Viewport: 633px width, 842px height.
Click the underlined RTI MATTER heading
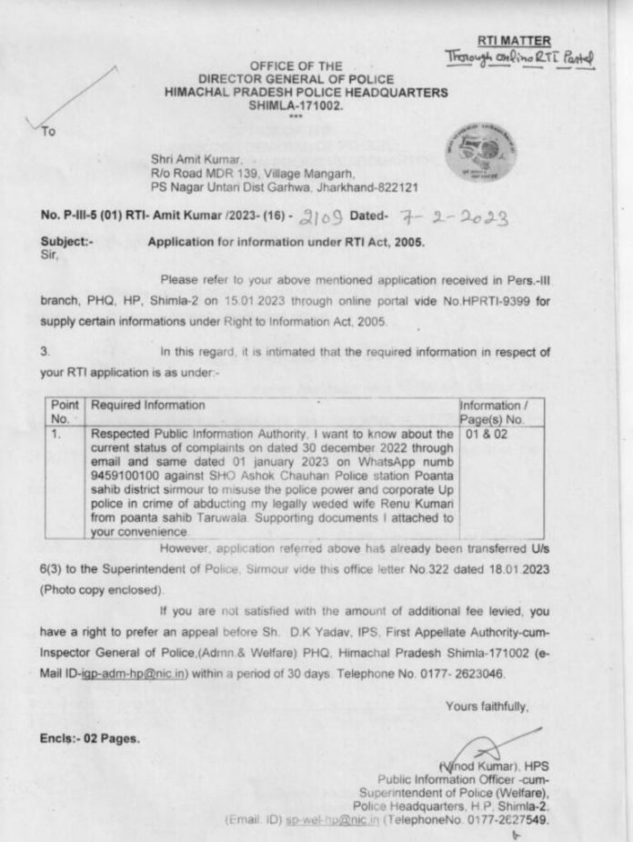pos(513,41)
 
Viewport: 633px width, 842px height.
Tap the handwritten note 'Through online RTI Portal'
pos(518,59)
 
